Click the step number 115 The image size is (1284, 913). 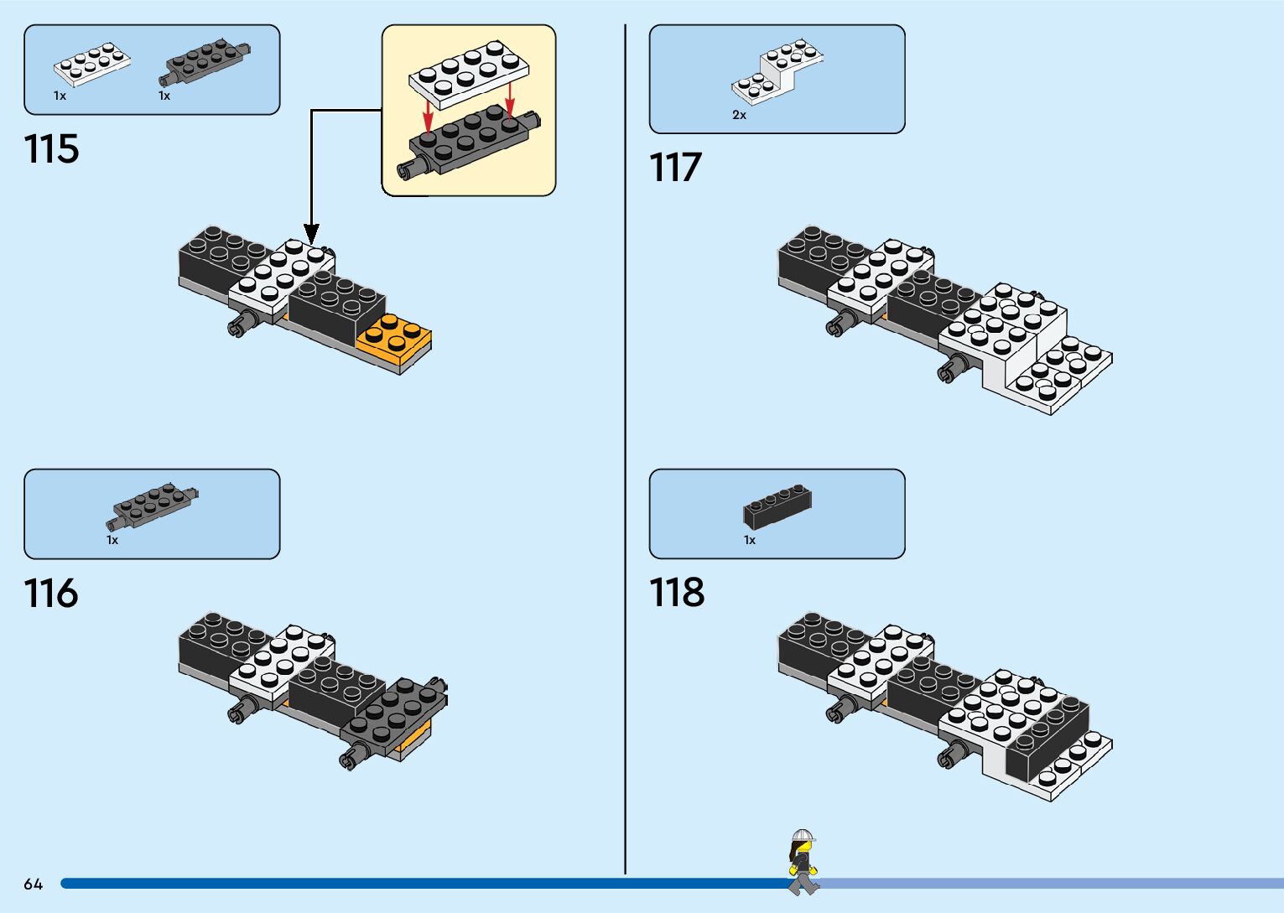tap(52, 149)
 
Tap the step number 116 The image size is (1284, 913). tap(52, 594)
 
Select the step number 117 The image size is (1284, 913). tap(675, 168)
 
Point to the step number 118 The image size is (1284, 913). tap(677, 593)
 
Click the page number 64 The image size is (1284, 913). tap(34, 884)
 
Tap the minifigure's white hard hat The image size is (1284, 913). tap(803, 836)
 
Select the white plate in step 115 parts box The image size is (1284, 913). tap(92, 65)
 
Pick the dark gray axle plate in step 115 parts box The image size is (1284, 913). tap(205, 61)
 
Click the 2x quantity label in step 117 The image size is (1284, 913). tap(739, 115)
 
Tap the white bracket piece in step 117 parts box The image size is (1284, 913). tap(777, 71)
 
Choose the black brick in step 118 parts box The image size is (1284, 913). tap(777, 506)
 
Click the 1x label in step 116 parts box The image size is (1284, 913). tap(112, 541)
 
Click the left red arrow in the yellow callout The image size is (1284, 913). tap(428, 117)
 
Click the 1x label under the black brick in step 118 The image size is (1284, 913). tap(750, 541)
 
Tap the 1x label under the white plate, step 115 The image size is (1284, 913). tap(60, 96)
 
